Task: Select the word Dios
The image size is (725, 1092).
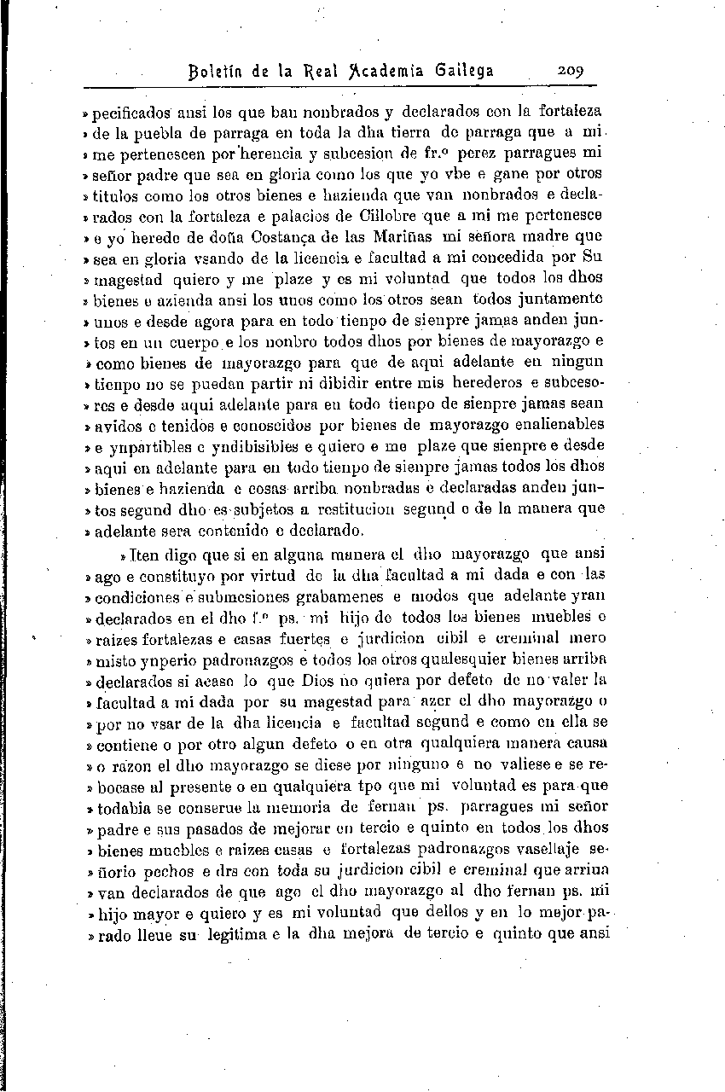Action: (x=321, y=679)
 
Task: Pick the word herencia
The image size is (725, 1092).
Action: (x=293, y=154)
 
